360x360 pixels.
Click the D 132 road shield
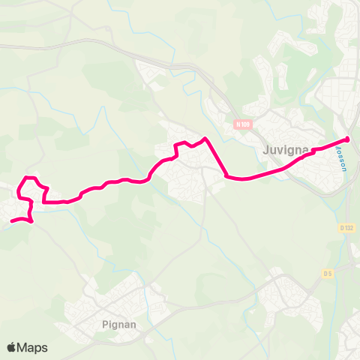(346, 228)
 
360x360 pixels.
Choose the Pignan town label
(115, 325)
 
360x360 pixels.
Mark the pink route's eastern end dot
(346, 139)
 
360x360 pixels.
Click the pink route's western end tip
(11, 220)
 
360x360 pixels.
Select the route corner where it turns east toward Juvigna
(226, 176)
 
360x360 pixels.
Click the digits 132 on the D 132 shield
(348, 228)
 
